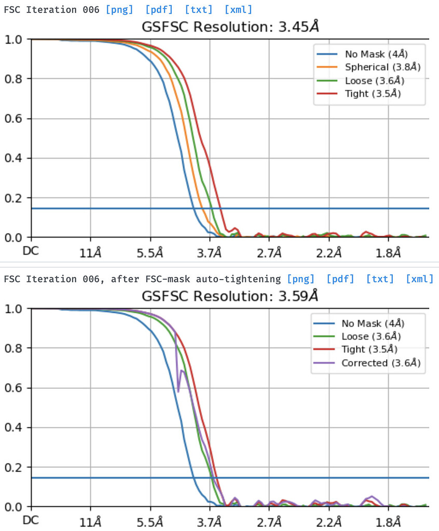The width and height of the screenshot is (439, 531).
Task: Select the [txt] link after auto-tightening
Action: point(380,279)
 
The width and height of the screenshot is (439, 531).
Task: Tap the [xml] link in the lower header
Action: point(419,279)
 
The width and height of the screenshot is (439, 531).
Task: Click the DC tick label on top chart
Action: point(31,251)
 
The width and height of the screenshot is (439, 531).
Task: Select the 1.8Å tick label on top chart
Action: point(389,253)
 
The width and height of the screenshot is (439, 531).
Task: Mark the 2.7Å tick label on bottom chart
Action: point(269,522)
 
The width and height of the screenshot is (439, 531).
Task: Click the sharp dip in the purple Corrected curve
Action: point(178,390)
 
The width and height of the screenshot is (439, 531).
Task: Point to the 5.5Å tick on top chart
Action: point(150,253)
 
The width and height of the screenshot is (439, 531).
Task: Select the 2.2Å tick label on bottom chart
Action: point(329,522)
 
